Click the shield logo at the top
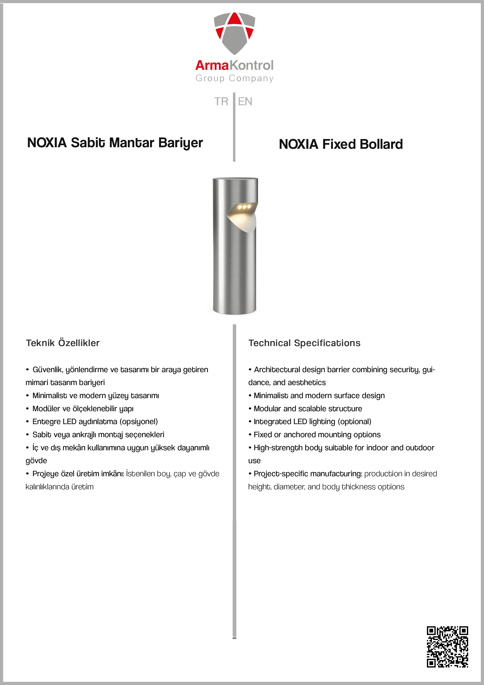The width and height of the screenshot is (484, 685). pyautogui.click(x=234, y=33)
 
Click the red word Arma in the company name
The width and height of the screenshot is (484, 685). pyautogui.click(x=212, y=65)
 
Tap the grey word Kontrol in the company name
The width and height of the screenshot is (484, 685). pyautogui.click(x=252, y=65)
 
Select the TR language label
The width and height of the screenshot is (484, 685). pyautogui.click(x=221, y=101)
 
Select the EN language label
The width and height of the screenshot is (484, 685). pyautogui.click(x=245, y=101)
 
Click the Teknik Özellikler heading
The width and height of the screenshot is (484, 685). pyautogui.click(x=63, y=343)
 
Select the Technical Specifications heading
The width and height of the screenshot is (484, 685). pyautogui.click(x=304, y=343)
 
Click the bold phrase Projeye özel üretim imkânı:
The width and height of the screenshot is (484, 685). pyautogui.click(x=78, y=474)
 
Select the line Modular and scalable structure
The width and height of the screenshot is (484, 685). pyautogui.click(x=308, y=409)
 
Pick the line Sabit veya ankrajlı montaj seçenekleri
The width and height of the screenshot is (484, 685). pyautogui.click(x=98, y=435)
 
